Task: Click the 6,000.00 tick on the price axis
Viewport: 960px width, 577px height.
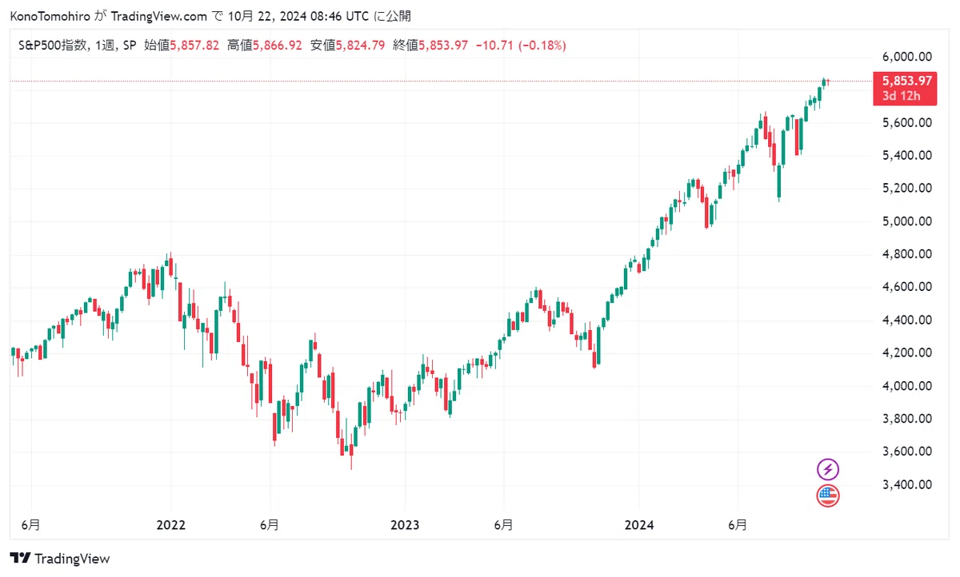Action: coord(907,57)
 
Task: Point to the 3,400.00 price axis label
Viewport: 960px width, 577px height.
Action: coord(907,484)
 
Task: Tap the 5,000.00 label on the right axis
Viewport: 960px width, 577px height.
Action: coord(907,221)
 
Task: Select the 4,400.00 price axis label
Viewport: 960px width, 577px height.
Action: coord(907,320)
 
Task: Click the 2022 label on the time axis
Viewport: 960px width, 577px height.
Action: coord(170,525)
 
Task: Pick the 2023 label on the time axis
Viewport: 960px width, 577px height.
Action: coord(405,525)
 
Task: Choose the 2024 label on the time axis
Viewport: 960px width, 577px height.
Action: coord(639,525)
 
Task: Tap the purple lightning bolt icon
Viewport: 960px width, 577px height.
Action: coord(827,470)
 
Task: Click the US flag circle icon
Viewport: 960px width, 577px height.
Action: coord(827,496)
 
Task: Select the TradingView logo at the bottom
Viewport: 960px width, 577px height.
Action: coord(60,559)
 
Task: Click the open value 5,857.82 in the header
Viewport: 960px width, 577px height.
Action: coord(194,46)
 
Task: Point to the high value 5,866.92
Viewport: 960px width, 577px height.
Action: coord(278,46)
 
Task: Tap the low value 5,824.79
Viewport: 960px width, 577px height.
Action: coord(360,46)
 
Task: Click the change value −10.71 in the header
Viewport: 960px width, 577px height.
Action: coord(494,46)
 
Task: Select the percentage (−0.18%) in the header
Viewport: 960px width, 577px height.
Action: coord(542,46)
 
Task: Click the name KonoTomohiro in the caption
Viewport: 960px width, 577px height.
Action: coord(50,16)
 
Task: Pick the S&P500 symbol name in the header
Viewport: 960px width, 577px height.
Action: coord(52,46)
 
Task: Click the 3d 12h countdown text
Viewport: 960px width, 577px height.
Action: coord(902,96)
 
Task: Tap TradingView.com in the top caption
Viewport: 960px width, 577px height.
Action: coord(159,16)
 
